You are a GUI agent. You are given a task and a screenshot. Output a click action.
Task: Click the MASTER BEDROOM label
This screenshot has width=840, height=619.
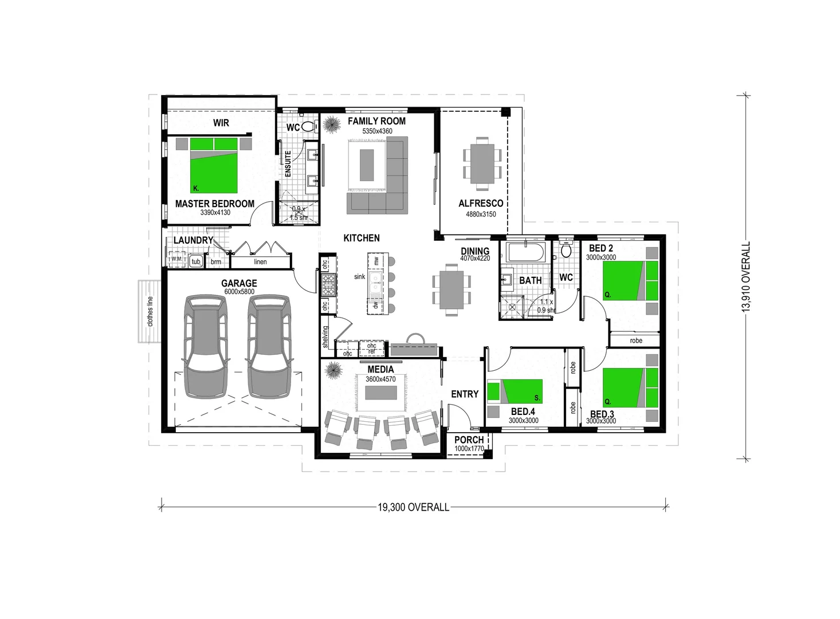214,203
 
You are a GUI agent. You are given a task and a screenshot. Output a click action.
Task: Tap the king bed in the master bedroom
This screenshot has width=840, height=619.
214,166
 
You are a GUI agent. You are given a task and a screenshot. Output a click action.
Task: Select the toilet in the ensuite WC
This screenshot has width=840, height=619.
308,127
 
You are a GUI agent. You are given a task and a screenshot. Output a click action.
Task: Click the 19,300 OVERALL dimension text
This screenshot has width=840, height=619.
413,507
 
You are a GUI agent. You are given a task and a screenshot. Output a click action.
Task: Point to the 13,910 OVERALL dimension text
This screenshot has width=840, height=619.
746,277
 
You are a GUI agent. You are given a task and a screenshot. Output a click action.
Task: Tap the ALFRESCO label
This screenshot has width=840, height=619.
481,203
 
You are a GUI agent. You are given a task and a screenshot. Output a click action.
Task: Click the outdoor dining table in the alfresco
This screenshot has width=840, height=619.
482,163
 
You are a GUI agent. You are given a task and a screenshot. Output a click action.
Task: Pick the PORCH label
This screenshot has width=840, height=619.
469,440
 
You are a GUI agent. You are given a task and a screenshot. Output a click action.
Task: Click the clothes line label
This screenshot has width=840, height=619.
151,312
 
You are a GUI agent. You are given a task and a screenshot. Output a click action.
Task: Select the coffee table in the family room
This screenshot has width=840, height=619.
367,164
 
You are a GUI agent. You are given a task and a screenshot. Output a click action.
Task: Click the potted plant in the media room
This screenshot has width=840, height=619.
333,371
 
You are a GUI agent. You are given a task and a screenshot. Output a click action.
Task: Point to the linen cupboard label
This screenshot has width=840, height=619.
260,262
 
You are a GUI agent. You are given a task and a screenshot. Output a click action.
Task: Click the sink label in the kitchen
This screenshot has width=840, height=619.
359,277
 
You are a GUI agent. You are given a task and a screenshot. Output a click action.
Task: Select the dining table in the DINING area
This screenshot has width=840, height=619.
452,289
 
